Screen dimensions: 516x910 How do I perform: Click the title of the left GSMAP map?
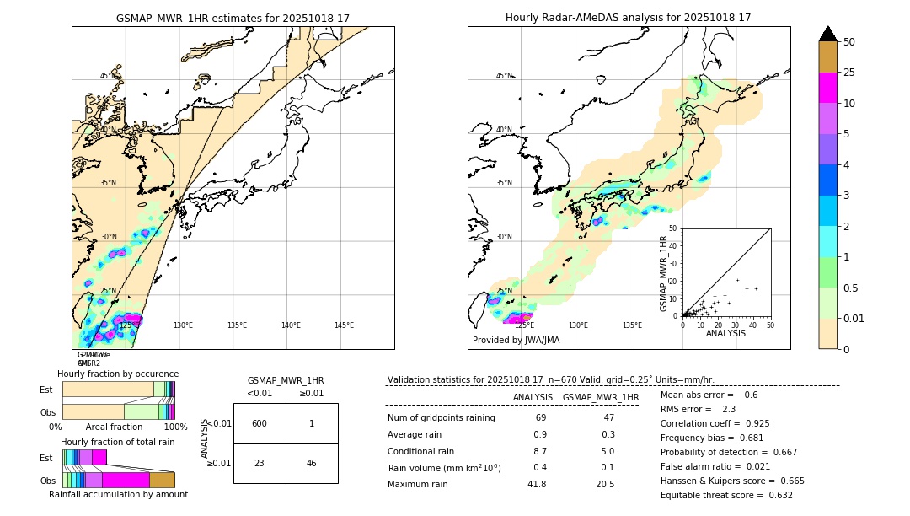point(233,18)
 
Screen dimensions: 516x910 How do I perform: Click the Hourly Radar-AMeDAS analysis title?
point(628,18)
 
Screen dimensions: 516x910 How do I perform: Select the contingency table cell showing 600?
point(260,423)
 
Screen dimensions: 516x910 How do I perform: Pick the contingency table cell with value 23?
point(260,464)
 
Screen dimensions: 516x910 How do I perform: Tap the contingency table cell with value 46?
point(312,464)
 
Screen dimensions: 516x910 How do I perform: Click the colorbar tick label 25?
point(849,73)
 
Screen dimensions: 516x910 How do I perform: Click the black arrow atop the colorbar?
point(828,34)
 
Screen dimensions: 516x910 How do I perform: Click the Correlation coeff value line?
point(715,423)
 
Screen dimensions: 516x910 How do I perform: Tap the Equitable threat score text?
point(726,495)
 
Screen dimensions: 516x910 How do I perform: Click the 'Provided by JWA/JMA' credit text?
point(516,341)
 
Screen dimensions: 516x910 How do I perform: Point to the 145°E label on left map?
point(344,325)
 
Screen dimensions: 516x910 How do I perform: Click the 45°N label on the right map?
point(504,76)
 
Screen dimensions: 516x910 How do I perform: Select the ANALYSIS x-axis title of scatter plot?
point(725,333)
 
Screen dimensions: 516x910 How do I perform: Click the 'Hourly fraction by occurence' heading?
point(118,374)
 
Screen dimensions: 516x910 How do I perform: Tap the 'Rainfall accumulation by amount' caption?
point(118,494)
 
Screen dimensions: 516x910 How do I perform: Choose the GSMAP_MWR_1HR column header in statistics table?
point(600,397)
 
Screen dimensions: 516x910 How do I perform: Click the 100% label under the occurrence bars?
point(175,427)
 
